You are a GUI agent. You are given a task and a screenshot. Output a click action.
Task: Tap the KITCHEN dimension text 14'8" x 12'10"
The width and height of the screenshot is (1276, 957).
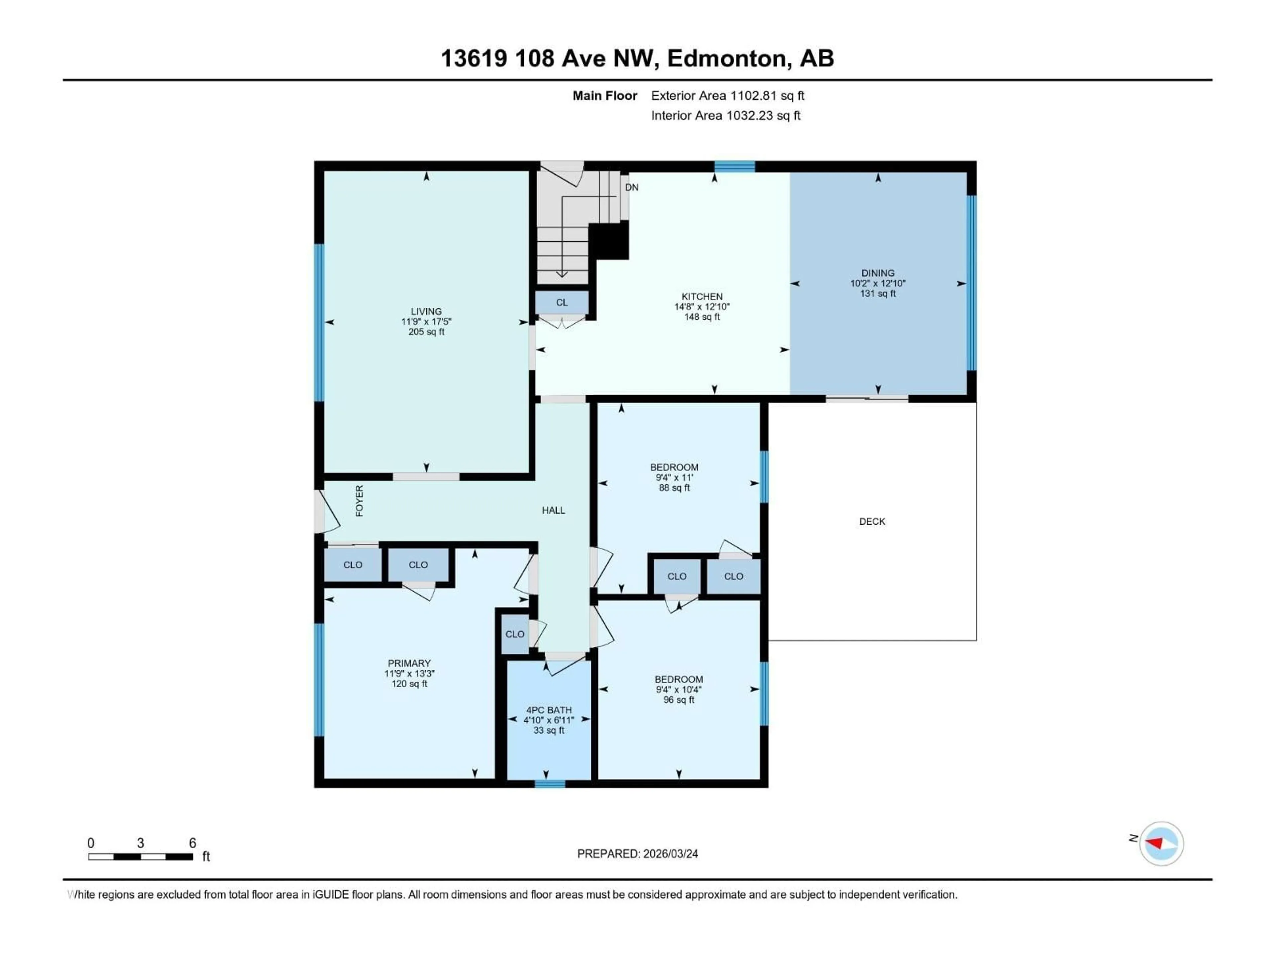702,307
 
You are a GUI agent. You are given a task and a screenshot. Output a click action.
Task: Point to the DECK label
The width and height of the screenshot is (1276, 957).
872,521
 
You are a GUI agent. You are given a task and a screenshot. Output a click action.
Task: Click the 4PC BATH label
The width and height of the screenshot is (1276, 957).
549,710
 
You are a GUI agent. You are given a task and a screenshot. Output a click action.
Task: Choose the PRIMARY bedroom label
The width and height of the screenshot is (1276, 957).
409,663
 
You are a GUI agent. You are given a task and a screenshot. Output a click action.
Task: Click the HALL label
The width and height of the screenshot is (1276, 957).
553,510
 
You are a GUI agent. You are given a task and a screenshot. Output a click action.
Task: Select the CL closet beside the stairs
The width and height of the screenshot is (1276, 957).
561,302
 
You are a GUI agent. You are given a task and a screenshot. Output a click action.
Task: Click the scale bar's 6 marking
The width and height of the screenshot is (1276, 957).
193,843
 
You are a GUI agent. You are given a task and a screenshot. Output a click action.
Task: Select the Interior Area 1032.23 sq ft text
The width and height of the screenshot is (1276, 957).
726,115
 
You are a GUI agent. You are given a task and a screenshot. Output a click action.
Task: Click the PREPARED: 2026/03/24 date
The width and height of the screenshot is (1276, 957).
637,854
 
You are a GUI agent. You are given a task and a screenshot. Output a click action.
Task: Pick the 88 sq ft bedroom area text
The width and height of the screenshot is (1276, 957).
674,488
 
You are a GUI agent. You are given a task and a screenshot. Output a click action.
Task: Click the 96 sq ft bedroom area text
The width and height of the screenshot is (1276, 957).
679,700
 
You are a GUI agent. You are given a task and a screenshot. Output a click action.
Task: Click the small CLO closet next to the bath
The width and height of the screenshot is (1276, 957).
514,634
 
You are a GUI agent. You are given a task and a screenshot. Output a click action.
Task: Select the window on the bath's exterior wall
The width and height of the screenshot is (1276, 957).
549,783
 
